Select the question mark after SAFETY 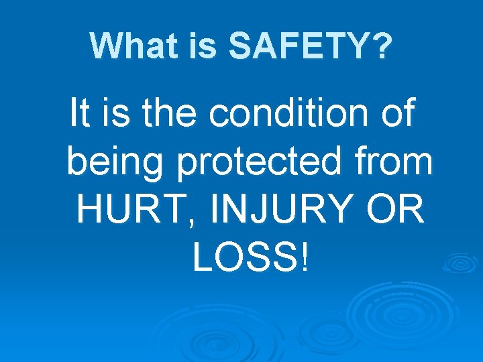click(381, 45)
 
